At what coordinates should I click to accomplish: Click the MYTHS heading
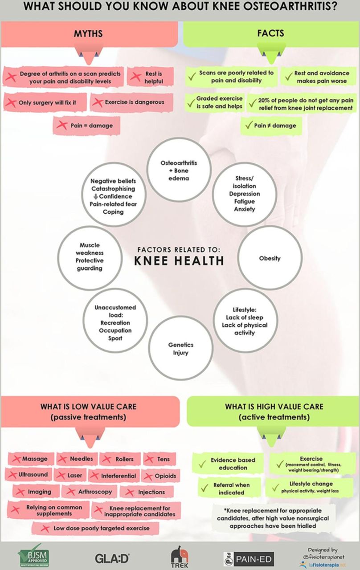88,33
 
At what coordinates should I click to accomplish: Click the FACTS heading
270,33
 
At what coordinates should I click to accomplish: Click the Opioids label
166,476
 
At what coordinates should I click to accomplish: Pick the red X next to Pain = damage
62,126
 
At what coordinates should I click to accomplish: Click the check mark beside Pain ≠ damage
248,126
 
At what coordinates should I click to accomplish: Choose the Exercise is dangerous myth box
129,102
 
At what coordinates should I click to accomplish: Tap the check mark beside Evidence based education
202,464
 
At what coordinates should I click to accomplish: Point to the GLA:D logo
112,558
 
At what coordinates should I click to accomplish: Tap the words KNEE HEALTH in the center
179,261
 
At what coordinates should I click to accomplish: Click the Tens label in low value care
163,459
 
